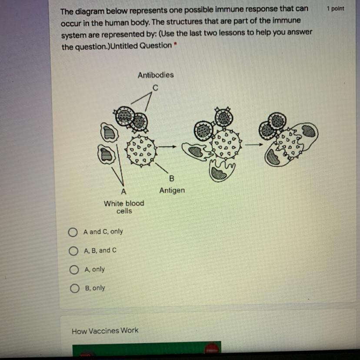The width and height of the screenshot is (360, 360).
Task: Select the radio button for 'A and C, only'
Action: pos(73,232)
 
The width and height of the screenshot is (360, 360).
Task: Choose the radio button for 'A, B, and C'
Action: pos(73,251)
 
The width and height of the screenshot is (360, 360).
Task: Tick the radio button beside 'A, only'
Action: pos(74,270)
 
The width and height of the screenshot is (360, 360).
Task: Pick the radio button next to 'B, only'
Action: pos(75,288)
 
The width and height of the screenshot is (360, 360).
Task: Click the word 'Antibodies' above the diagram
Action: pos(156,75)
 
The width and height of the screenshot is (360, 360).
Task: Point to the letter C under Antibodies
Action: pos(155,88)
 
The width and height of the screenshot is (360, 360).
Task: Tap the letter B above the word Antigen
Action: pos(171,178)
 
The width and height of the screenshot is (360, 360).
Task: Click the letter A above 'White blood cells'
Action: pos(123,191)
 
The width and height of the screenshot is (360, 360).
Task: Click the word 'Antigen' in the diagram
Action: pos(172,190)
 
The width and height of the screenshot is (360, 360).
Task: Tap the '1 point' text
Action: pos(335,9)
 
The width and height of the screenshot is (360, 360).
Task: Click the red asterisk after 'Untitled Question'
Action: pos(175,43)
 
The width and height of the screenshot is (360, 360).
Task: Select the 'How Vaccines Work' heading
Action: pos(105,330)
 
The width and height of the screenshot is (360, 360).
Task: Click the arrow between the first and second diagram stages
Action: pos(167,147)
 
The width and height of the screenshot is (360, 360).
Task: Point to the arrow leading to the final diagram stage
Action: pos(254,144)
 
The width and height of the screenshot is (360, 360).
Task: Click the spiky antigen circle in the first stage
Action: pos(141,150)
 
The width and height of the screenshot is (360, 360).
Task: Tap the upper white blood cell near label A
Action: pos(109,133)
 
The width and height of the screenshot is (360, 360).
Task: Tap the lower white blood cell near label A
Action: pos(106,154)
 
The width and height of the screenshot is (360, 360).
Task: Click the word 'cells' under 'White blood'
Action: pos(124,211)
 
